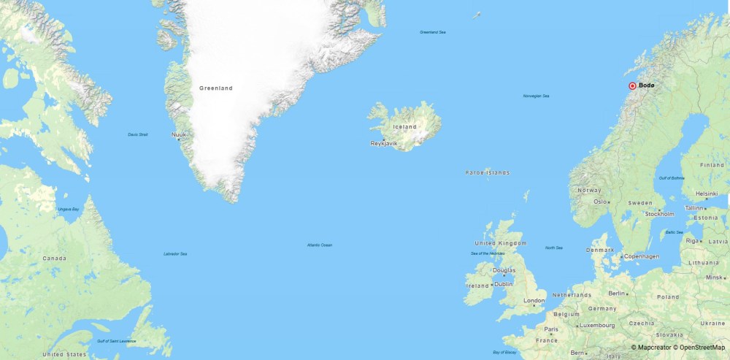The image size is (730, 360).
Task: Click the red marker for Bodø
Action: (x=632, y=86)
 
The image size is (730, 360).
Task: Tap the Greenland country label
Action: (x=216, y=88)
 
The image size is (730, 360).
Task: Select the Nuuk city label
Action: (x=179, y=134)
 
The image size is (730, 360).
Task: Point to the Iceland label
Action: (x=404, y=127)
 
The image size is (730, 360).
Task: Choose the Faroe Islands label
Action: (x=488, y=173)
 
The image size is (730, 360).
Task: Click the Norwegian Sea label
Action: (x=536, y=96)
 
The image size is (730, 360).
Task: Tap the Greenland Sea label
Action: (x=432, y=32)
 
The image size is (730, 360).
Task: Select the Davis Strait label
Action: (x=137, y=134)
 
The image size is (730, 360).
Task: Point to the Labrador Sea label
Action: (x=175, y=253)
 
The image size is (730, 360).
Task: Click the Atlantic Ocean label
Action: (x=320, y=245)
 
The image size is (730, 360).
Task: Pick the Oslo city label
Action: (x=601, y=202)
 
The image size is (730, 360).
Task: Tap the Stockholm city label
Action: (x=659, y=214)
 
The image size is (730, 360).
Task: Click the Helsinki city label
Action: (x=707, y=194)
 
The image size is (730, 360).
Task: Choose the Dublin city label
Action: (x=504, y=284)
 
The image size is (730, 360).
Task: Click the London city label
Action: (x=534, y=300)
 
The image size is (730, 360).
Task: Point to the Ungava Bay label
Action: (x=68, y=210)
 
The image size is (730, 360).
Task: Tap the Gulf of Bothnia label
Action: (x=671, y=178)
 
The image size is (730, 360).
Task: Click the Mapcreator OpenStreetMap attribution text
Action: (x=678, y=348)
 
